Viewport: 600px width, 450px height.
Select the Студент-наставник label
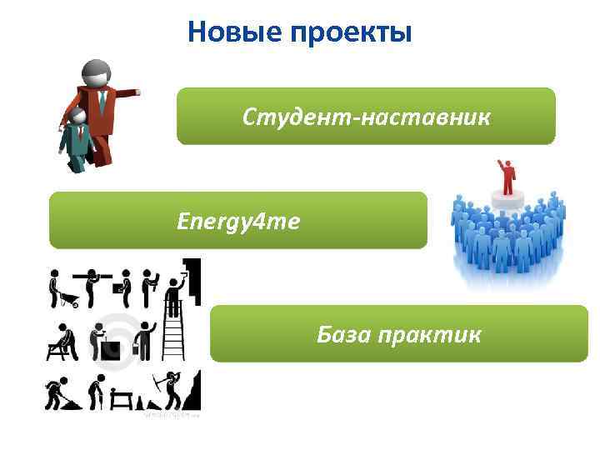[367, 117]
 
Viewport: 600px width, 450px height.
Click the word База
[343, 334]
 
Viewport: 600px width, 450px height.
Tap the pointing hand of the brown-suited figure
[133, 92]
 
